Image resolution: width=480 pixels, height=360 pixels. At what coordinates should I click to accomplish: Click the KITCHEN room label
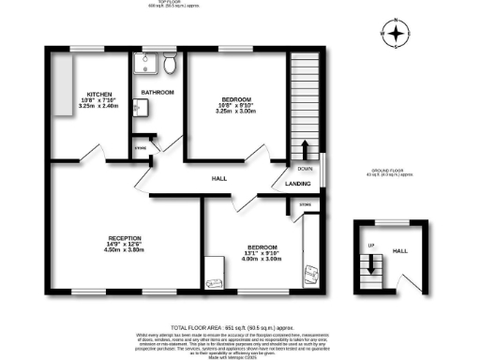coord(100,95)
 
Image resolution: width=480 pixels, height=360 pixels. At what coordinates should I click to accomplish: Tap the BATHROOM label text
coord(158,93)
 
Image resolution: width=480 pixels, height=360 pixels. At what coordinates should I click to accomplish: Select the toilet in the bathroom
coord(170,64)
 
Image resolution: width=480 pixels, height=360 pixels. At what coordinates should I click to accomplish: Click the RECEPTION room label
coord(124,237)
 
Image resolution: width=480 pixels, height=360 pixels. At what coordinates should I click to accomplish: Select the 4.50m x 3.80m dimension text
coord(124,250)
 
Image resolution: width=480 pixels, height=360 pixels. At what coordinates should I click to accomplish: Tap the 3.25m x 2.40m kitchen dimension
coord(100,108)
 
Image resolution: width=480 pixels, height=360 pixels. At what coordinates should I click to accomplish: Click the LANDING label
coord(298,184)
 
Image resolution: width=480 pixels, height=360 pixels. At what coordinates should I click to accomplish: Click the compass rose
coord(397,36)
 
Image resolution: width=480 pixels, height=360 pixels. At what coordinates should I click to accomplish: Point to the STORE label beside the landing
coord(305,203)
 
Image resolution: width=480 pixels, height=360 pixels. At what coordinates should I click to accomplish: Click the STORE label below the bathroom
coord(141,146)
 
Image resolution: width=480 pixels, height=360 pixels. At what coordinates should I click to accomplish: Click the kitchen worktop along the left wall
coord(64,85)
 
